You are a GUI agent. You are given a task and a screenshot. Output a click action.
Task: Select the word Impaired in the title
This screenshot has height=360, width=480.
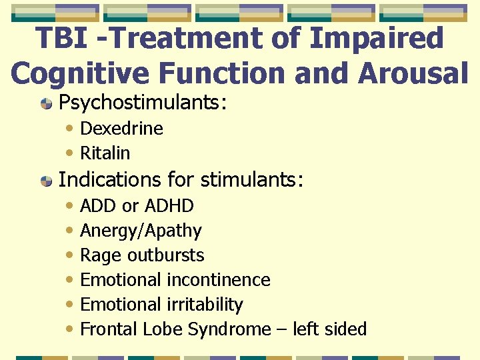[377, 38]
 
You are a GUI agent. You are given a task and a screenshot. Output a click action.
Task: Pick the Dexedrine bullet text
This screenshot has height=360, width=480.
[121, 129]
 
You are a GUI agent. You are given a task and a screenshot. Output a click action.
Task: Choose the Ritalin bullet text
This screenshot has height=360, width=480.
[105, 153]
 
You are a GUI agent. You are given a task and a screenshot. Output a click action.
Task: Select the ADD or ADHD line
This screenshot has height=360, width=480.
[137, 206]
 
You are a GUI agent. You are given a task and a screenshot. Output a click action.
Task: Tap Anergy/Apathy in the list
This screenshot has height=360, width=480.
[141, 231]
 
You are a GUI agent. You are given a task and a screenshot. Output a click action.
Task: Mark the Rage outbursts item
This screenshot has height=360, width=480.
[142, 255]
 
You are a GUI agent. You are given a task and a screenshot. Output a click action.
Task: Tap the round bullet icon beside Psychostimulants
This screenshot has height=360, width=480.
[47, 104]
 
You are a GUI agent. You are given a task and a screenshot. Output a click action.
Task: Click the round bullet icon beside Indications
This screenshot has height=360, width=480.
[47, 181]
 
